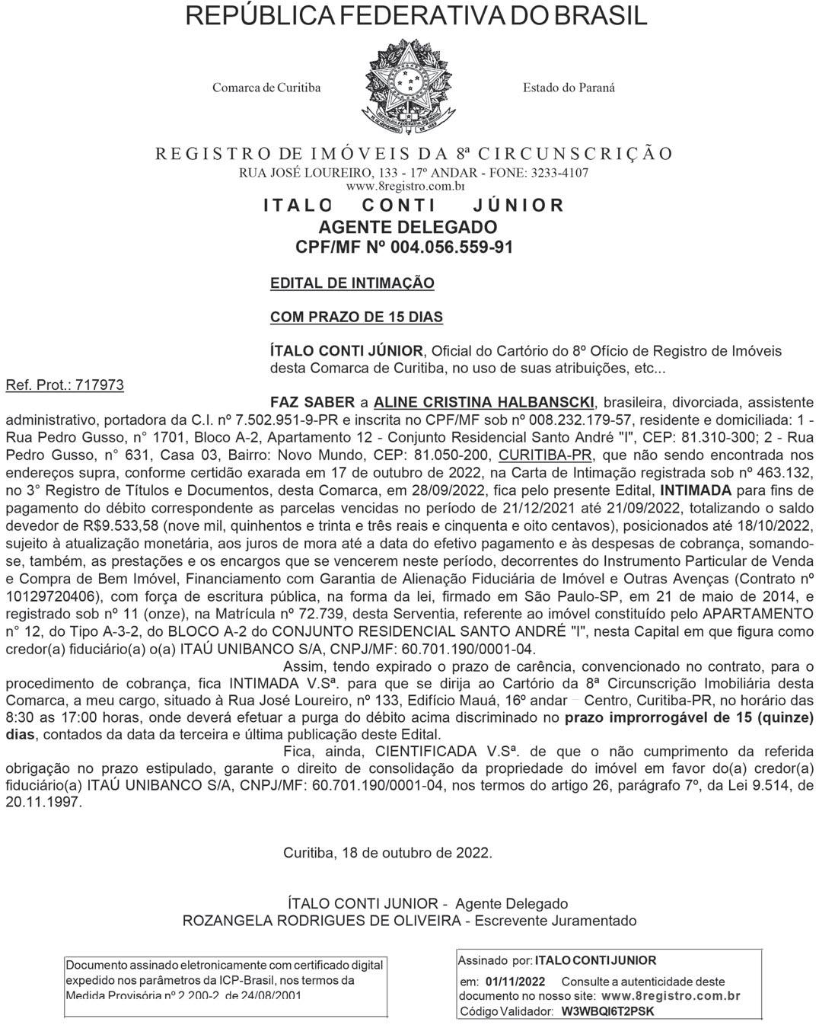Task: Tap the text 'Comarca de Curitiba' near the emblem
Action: pyautogui.click(x=266, y=88)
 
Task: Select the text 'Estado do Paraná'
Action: pyautogui.click(x=569, y=88)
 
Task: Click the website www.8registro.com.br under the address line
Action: pyautogui.click(x=405, y=185)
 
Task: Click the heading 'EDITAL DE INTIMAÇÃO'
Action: pyautogui.click(x=352, y=283)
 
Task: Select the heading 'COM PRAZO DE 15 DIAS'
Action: pyautogui.click(x=356, y=317)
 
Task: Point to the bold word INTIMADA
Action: pyautogui.click(x=696, y=489)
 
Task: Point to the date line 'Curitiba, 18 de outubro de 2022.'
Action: pyautogui.click(x=387, y=853)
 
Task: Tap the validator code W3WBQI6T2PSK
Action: pyautogui.click(x=607, y=1011)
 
